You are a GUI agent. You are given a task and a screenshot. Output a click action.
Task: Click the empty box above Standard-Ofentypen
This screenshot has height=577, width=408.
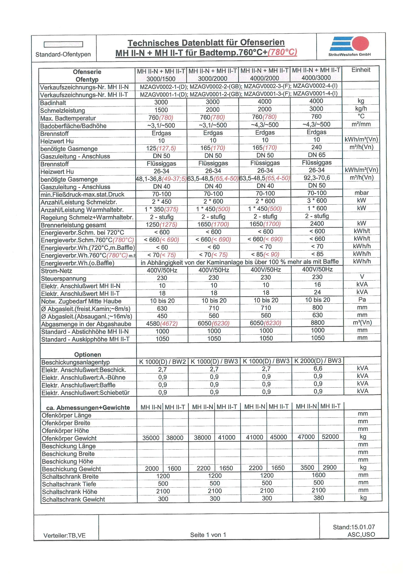[x=63, y=44]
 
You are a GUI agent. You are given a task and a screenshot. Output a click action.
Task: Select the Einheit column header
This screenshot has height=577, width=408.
[x=361, y=70]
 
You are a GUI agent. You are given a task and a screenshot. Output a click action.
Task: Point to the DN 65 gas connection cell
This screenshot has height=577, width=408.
[x=317, y=155]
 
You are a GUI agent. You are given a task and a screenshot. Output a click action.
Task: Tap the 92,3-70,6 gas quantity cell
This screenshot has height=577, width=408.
[x=317, y=178]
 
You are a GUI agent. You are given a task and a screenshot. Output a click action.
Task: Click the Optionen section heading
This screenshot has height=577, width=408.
[x=88, y=355]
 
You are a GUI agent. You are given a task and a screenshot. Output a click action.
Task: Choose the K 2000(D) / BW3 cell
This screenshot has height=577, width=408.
[x=318, y=361]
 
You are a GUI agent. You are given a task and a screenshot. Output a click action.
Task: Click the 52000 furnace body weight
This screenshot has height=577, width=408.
[x=330, y=437]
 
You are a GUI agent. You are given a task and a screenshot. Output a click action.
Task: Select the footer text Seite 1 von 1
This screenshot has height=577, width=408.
[x=208, y=535]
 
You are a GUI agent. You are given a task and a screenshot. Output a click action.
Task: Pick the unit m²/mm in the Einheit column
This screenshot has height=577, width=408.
[x=361, y=124]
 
